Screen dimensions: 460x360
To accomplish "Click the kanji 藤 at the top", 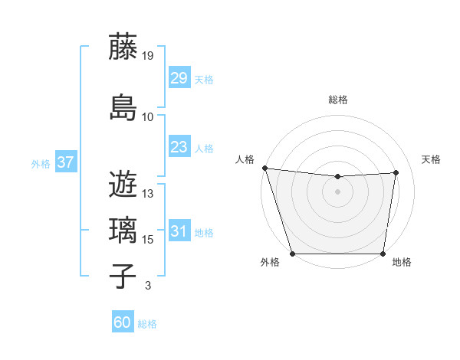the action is point(123,47).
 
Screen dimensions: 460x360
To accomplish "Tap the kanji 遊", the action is point(123,185).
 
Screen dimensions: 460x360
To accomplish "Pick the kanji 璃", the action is point(123,230).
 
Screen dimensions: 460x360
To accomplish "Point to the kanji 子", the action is point(123,276).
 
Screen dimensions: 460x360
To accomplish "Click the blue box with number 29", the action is point(179,78).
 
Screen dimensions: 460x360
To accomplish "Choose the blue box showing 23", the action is point(179,147).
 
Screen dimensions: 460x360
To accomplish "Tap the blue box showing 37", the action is point(65,162).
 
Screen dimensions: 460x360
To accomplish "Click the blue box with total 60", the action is point(122,322).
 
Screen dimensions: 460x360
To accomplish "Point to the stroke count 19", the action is point(148,56).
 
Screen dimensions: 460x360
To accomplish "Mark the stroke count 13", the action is point(148,194).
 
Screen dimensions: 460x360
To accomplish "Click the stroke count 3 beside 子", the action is point(147,286).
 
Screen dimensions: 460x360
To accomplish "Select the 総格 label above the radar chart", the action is point(338,100).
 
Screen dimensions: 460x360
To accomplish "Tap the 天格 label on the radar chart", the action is point(432,159).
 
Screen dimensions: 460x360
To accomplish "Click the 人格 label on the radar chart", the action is point(245,159).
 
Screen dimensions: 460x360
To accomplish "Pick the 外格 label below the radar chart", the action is point(270,263).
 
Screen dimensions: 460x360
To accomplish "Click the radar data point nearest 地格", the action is point(383,254).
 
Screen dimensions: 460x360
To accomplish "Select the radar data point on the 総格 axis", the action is point(338,177).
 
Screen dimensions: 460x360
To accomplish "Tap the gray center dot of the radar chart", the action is point(338,191).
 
